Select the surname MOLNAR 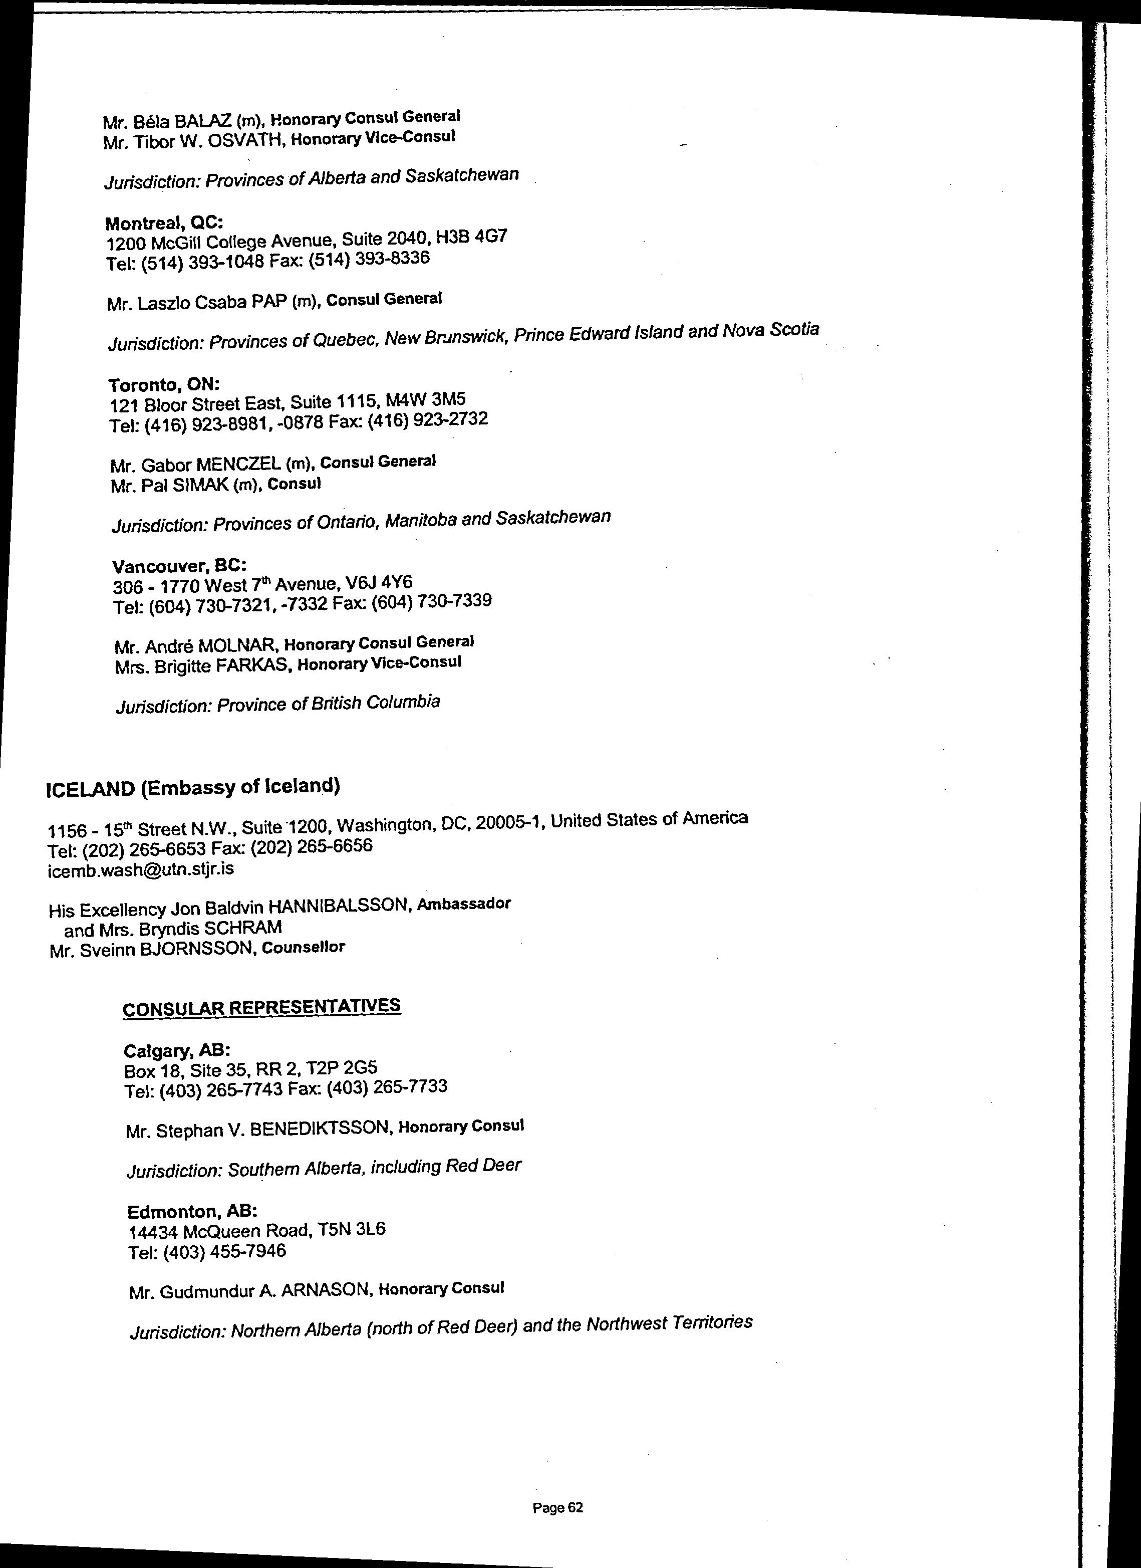tap(238, 646)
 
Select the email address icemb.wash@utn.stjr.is tap(140, 868)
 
